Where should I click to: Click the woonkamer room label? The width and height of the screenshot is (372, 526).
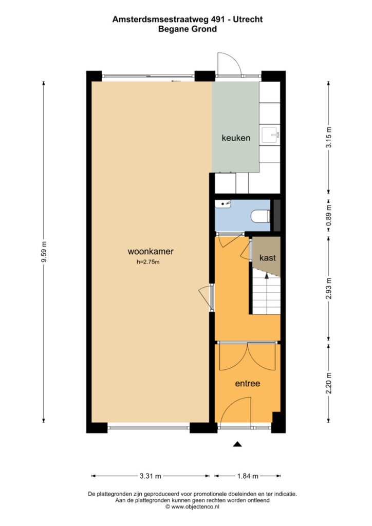(150, 251)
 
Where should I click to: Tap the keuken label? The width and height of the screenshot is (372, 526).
(236, 138)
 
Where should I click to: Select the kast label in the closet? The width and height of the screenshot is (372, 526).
(267, 258)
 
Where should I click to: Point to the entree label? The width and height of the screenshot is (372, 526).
(248, 383)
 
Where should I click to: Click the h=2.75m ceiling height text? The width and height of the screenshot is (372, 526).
(148, 262)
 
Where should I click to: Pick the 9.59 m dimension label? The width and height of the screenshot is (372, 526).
(44, 252)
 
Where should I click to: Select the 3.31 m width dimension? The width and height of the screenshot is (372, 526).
(150, 476)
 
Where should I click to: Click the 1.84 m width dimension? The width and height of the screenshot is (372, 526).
(248, 476)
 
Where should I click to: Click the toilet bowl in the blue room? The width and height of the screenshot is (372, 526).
(261, 216)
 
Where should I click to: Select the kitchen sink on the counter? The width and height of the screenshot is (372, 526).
(270, 135)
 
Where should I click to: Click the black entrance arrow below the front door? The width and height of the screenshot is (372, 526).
(237, 444)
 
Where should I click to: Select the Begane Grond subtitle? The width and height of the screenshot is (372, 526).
(188, 29)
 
